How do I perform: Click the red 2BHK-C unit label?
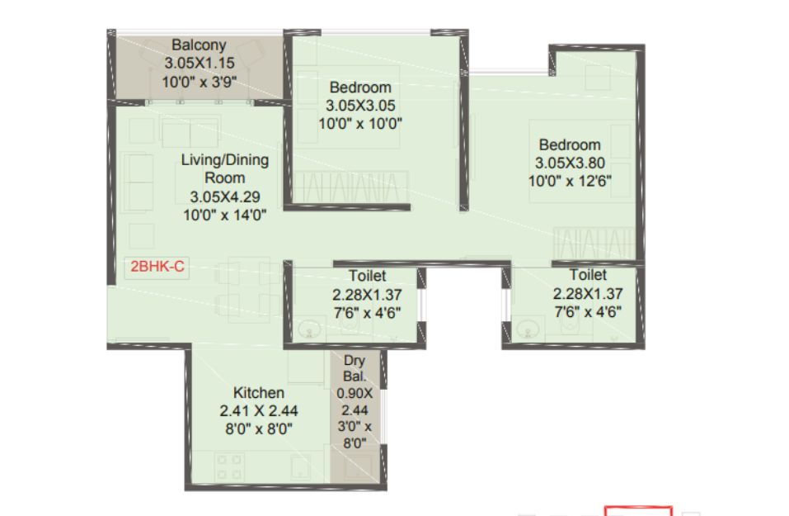(x=157, y=266)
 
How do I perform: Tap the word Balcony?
(x=199, y=45)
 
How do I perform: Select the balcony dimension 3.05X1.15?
(x=200, y=63)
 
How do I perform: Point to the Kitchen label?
(x=259, y=392)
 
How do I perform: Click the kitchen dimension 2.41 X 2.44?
(x=259, y=410)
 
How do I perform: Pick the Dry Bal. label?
(x=355, y=368)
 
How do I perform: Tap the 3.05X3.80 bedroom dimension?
(x=570, y=163)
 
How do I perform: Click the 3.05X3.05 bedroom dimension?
(x=360, y=106)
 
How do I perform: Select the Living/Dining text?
(x=225, y=159)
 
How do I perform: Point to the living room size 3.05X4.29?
(x=225, y=196)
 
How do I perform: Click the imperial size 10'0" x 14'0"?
(x=225, y=215)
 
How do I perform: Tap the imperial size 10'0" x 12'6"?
(x=570, y=181)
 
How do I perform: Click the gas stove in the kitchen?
(x=229, y=466)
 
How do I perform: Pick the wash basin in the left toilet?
(x=309, y=330)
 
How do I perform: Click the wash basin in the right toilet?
(x=528, y=329)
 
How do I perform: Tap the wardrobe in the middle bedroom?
(x=350, y=187)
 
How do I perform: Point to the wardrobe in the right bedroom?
(x=594, y=244)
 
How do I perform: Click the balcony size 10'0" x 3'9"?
(x=200, y=82)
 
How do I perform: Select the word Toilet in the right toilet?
(x=588, y=275)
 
